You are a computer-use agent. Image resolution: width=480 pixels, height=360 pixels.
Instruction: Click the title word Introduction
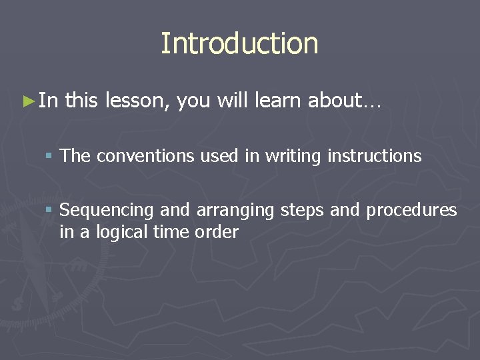click(x=239, y=44)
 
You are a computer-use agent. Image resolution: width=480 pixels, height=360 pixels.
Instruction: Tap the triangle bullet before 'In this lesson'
click(x=27, y=101)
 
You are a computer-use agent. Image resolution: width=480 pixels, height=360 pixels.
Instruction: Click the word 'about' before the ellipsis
click(x=334, y=101)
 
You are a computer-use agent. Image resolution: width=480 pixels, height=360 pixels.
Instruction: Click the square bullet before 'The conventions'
click(x=49, y=157)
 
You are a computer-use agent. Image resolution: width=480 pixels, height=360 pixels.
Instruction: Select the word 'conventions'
click(x=141, y=157)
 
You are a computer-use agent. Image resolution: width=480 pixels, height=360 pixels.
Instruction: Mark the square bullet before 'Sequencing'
click(x=49, y=211)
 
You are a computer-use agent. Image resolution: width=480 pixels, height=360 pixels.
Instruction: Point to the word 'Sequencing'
click(x=107, y=211)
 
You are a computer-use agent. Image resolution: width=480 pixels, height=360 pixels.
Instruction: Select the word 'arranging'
click(x=235, y=211)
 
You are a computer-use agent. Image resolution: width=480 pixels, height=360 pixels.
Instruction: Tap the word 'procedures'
click(x=411, y=211)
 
